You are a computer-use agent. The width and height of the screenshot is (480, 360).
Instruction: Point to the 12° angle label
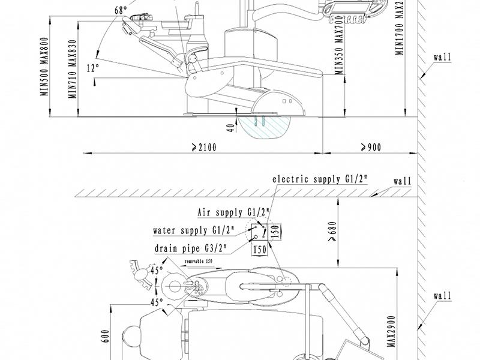click(x=91, y=68)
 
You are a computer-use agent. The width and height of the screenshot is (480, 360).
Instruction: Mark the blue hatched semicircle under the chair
click(x=263, y=127)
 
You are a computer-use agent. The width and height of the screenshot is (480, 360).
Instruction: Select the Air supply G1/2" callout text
click(x=233, y=212)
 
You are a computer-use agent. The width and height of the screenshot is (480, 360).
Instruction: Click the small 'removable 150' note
click(x=198, y=262)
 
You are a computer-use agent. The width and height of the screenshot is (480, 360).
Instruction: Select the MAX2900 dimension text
click(x=391, y=329)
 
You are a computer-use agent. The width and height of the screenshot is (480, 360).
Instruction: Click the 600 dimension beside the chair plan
click(x=106, y=335)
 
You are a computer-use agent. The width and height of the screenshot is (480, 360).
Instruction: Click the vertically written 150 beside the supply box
click(x=275, y=231)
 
